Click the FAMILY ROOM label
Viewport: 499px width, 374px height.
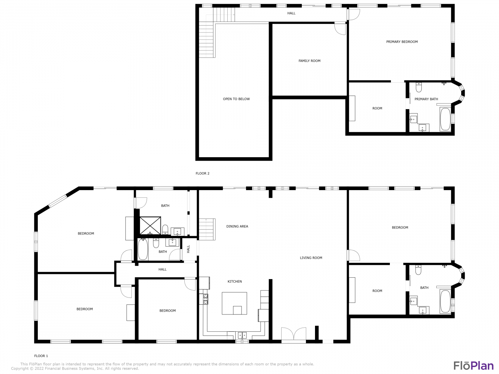tap(309, 61)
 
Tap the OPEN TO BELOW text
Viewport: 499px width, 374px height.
tap(236, 99)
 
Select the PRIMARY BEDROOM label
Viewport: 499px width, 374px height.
tap(402, 42)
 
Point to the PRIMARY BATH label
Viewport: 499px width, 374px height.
tap(426, 99)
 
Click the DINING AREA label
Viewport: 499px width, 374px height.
tap(237, 226)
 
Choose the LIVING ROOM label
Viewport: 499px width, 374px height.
tap(311, 258)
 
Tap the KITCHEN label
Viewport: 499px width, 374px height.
tap(235, 282)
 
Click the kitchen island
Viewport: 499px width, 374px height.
tap(234, 303)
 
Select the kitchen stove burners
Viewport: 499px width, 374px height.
tap(205, 299)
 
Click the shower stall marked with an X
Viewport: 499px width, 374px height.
tap(150, 226)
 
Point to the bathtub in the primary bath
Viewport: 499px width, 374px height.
tap(445, 119)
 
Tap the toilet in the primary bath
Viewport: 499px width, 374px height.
tap(419, 87)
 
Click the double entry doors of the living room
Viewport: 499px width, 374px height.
tap(294, 334)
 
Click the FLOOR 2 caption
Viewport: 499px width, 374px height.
tap(202, 173)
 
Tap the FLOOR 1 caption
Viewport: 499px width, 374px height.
tap(41, 356)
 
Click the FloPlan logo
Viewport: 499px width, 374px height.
tap(473, 366)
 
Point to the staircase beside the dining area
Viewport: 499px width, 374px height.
tap(207, 229)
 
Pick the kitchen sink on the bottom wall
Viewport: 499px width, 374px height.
tap(242, 335)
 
